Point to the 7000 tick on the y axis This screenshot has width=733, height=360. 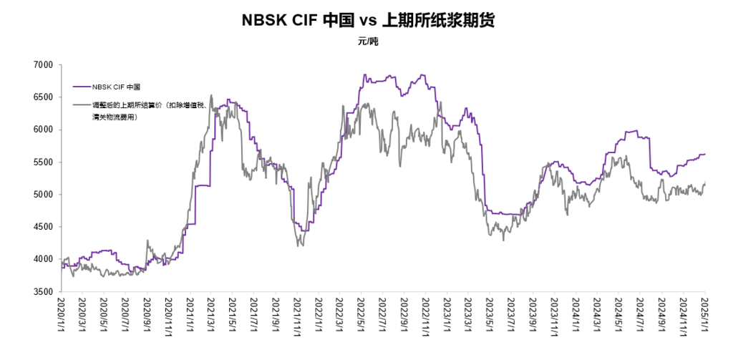[x=44, y=65]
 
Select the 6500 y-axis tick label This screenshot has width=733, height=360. [x=44, y=97]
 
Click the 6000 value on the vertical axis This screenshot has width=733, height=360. [x=44, y=130]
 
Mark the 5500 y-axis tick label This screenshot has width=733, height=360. [x=44, y=162]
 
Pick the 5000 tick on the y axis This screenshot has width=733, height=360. [x=44, y=195]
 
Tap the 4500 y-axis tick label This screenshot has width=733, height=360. [x=44, y=227]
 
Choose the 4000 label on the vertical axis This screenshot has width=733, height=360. [x=44, y=259]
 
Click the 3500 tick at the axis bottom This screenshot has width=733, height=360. [x=44, y=292]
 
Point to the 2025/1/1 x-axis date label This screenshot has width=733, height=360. [x=704, y=316]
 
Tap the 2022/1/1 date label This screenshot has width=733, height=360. [x=318, y=316]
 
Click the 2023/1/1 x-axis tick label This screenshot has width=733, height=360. [x=447, y=316]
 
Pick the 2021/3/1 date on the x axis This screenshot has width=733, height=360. [x=211, y=316]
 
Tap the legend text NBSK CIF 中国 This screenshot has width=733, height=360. [x=117, y=87]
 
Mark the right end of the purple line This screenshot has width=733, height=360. [x=705, y=154]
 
